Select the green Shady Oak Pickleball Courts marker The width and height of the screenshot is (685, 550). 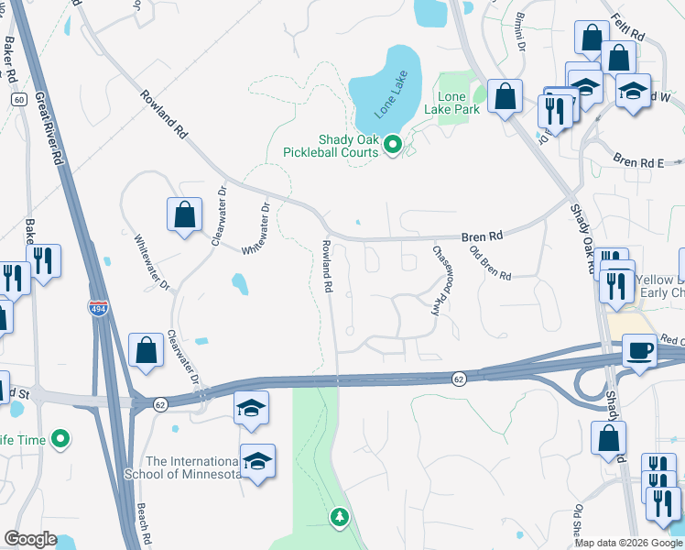coord(394,144)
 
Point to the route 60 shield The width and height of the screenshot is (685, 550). coord(17,99)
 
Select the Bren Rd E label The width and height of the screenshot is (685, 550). coord(637,162)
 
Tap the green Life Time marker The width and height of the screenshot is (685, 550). coord(61,440)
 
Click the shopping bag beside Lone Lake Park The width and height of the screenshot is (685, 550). coord(505,95)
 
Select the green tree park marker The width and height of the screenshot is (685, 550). coord(340,518)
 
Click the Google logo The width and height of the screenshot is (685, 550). coord(30,539)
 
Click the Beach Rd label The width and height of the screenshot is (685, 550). coord(143,523)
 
